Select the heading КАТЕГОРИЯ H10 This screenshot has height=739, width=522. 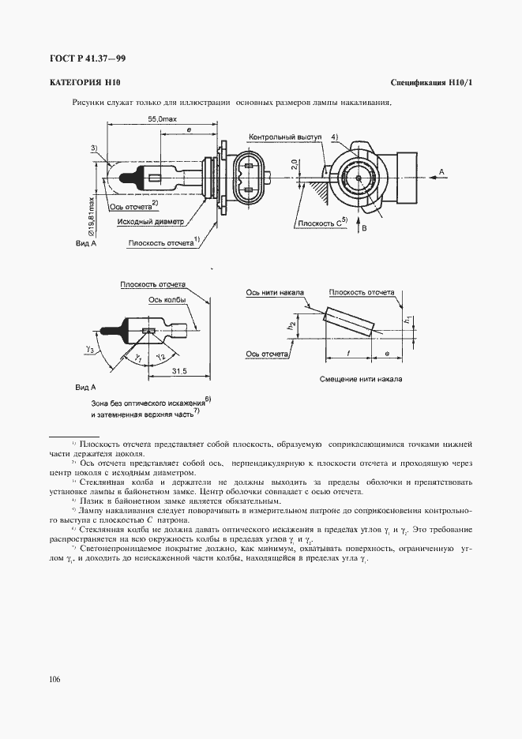[x=83, y=83]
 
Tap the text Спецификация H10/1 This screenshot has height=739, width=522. [x=430, y=83]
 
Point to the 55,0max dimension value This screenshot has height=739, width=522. [x=161, y=118]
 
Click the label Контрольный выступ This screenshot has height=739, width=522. [x=285, y=137]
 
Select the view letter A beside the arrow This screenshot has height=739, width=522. [x=442, y=171]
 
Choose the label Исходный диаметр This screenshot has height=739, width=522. [x=149, y=222]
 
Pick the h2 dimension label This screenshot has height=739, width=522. [x=291, y=324]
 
